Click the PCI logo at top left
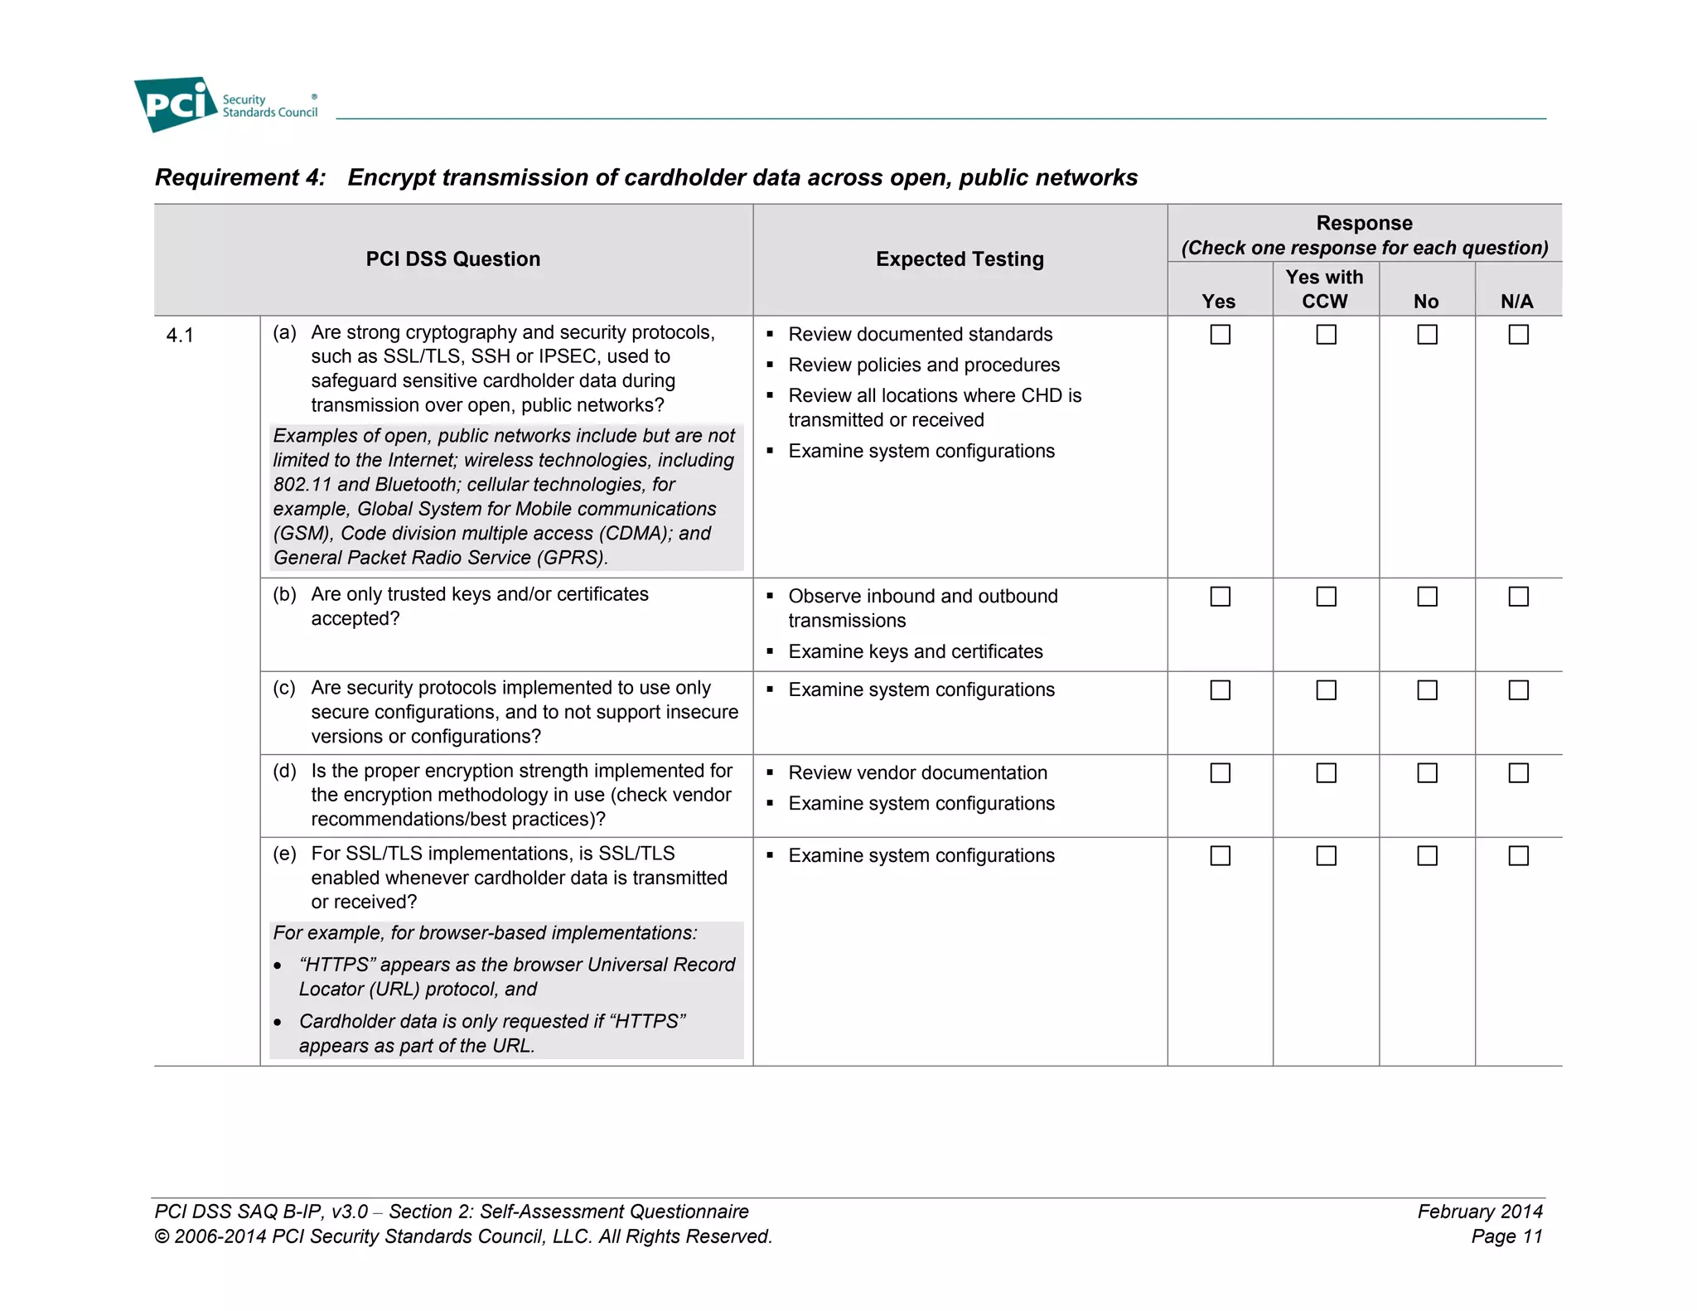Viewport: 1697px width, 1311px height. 176,104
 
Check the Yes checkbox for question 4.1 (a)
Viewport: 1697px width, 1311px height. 1220,334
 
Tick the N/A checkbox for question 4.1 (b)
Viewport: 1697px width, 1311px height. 1518,597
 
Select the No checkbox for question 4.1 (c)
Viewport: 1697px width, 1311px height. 1427,690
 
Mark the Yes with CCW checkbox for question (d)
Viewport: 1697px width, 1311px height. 1326,773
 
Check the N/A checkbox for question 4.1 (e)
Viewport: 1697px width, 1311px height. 1518,856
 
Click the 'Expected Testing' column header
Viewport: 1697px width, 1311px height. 960,259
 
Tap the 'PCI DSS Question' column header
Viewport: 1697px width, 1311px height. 452,259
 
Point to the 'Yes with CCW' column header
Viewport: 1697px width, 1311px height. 1324,289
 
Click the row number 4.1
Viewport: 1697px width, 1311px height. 180,336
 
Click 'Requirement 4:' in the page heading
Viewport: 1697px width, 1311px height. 240,177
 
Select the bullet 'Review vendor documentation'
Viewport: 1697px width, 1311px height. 917,773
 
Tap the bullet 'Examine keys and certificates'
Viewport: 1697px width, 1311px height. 915,652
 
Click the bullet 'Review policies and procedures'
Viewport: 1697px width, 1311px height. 923,365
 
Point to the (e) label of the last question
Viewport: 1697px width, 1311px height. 284,854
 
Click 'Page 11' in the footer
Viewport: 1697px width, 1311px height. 1506,1236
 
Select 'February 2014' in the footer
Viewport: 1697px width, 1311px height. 1479,1212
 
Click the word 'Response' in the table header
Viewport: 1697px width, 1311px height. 1364,223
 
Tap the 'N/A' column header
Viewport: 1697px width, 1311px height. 1516,302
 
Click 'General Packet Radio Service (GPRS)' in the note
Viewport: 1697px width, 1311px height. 440,558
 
